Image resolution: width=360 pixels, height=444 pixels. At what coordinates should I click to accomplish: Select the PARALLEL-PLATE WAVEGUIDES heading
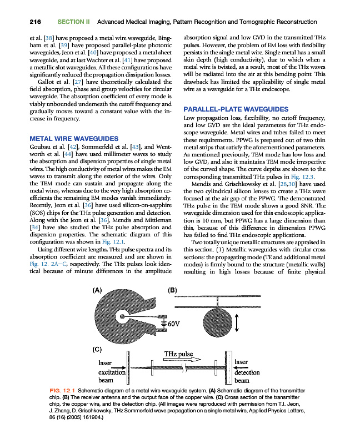(236, 109)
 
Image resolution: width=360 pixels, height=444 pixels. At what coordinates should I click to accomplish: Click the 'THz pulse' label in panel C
(178, 354)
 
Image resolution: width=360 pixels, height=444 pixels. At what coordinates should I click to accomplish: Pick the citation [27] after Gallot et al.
(77, 82)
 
